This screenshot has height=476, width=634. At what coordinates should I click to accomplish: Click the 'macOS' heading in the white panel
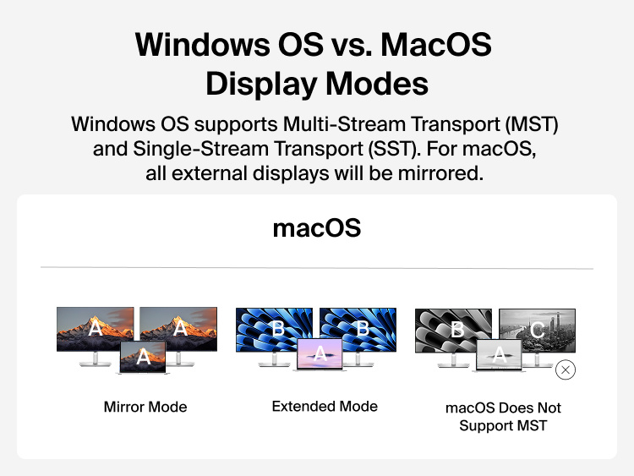[x=317, y=228]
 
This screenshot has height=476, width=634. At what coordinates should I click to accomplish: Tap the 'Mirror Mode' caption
[x=145, y=407]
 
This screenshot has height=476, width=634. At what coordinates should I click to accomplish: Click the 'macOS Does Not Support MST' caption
[x=503, y=416]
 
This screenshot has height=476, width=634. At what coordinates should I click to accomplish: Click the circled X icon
[x=566, y=369]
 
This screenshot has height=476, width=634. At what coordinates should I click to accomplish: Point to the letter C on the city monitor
[x=538, y=330]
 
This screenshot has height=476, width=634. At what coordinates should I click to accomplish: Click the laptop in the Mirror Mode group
[x=144, y=358]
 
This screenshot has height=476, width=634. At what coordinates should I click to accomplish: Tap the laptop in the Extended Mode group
[x=321, y=356]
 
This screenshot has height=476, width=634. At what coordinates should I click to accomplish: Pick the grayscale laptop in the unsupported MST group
[x=500, y=356]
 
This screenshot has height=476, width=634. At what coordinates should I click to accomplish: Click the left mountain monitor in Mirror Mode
[x=89, y=326]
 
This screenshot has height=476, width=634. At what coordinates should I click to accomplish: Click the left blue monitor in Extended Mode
[x=269, y=326]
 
